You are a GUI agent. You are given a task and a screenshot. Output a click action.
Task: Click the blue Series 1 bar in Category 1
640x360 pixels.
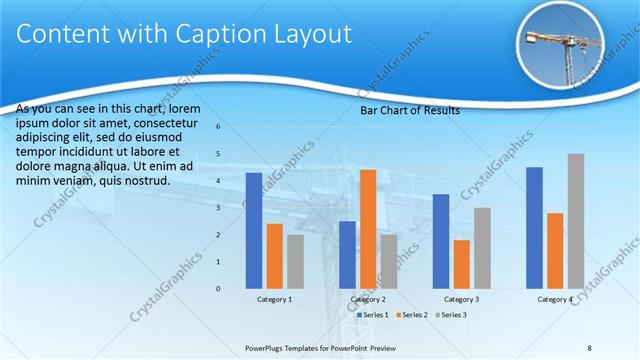point(254,230)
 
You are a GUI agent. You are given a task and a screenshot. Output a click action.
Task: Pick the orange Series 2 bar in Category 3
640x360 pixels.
point(462,263)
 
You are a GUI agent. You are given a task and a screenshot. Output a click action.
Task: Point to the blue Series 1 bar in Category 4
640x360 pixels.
point(534,227)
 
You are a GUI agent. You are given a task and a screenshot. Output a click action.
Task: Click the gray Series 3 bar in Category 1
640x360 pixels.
point(295,261)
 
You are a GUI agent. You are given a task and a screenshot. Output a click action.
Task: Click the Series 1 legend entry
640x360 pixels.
point(373,315)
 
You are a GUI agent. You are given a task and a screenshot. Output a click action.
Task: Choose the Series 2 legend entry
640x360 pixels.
point(411,315)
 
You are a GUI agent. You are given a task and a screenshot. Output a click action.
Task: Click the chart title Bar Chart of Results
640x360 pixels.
point(410,111)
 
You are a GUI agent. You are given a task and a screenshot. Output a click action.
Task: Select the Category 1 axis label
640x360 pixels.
point(274,299)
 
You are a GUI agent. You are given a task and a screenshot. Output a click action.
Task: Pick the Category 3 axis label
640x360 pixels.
point(462,299)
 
